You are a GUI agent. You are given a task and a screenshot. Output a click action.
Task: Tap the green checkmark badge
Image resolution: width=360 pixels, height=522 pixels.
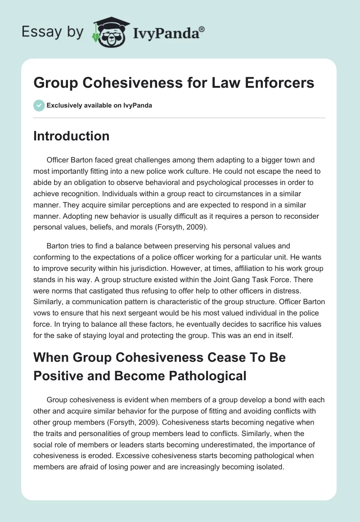click(39, 105)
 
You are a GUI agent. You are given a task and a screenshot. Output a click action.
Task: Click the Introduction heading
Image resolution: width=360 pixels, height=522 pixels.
click(71, 136)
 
